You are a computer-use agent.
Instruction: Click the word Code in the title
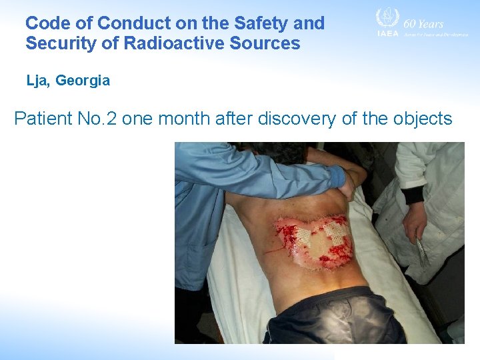[x=45, y=23]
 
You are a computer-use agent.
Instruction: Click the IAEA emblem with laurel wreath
[x=386, y=18]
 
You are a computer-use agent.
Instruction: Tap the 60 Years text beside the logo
[x=423, y=23]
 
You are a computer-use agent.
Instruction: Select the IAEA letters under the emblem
[x=387, y=33]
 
